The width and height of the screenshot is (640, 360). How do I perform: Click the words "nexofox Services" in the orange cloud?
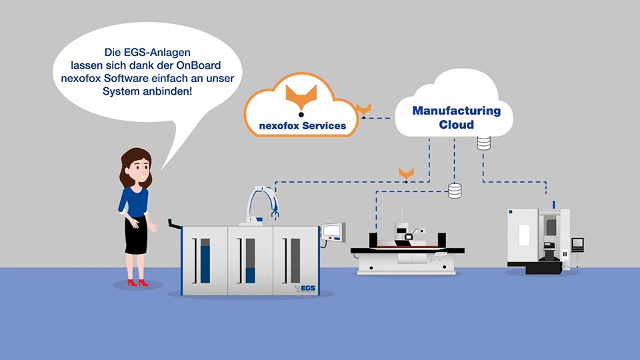pyautogui.click(x=303, y=125)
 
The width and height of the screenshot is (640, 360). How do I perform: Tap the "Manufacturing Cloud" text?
pyautogui.click(x=456, y=117)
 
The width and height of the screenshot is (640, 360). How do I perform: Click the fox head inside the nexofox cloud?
pyautogui.click(x=301, y=96)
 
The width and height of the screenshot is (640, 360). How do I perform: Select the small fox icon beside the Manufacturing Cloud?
pyautogui.click(x=364, y=108)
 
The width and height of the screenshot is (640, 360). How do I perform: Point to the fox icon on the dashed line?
pyautogui.click(x=406, y=173)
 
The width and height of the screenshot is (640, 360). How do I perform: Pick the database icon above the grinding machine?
pyautogui.click(x=455, y=191)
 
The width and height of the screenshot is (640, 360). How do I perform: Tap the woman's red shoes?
pyautogui.click(x=138, y=283)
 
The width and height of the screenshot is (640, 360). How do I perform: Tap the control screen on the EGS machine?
pyautogui.click(x=333, y=231)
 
